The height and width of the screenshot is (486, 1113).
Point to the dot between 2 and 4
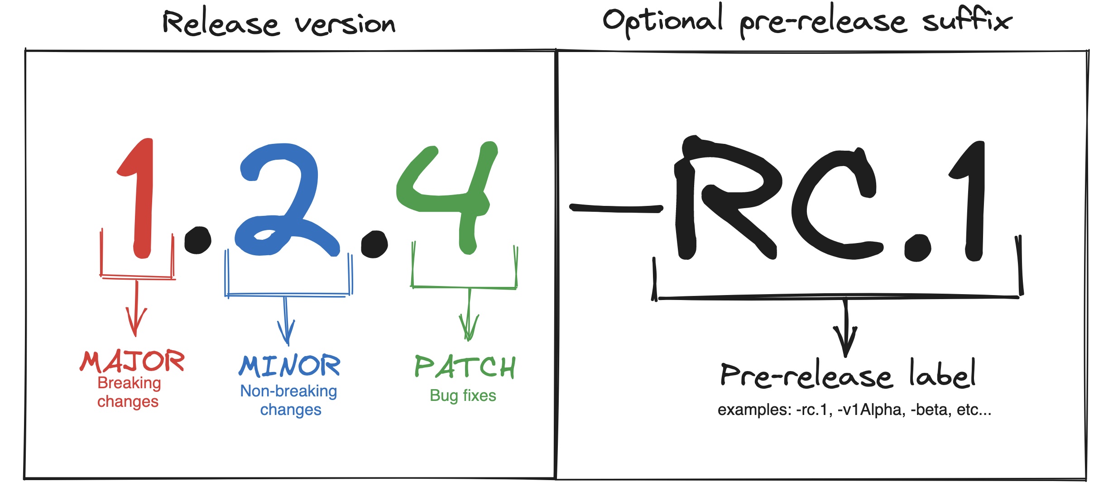[374, 244]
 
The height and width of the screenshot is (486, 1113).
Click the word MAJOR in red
[132, 361]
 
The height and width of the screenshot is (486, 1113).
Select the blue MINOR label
[290, 366]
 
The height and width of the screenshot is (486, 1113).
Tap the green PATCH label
[465, 367]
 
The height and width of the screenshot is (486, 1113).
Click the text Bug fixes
[463, 395]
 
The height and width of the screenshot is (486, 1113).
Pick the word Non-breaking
[288, 391]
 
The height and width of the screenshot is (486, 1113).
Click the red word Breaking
[129, 383]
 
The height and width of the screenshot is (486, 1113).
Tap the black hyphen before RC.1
[616, 208]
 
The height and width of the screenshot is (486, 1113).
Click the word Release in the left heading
[221, 24]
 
